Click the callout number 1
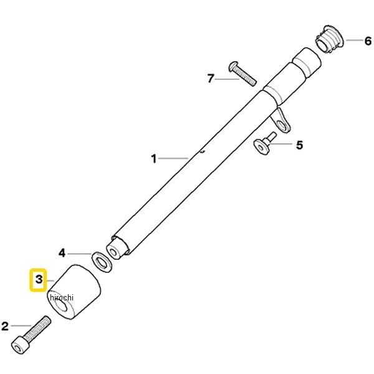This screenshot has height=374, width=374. pos(154,158)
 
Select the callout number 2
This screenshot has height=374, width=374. pos(5,326)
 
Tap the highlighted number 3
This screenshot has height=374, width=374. pos(39,279)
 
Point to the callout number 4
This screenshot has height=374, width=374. pos(62,253)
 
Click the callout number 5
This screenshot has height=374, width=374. pos(299,145)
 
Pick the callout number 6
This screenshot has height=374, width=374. pos(368,41)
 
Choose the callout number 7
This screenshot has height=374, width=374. pos(211,79)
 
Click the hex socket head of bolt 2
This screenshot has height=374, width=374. pos(20,345)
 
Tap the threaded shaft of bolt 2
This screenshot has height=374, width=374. pos(38,328)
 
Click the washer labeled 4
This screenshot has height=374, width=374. pos(102,262)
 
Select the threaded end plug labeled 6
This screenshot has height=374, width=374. pos(330,40)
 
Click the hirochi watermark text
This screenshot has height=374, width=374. pos(62,297)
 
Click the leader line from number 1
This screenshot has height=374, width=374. pos(173,158)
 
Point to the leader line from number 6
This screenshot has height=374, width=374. pos(354,40)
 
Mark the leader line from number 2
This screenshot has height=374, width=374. pos(21,325)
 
